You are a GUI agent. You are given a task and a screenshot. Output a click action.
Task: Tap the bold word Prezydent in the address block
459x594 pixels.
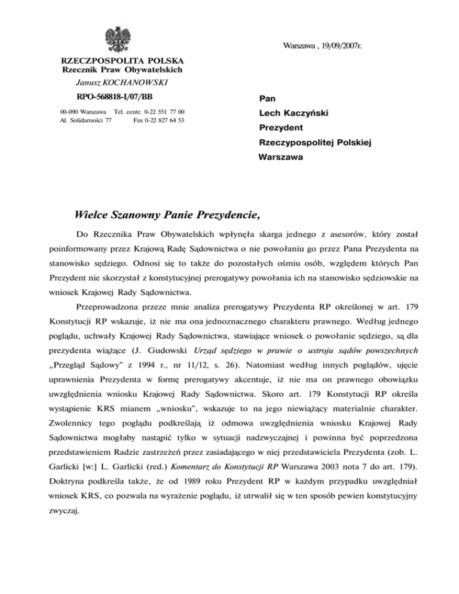point(281,128)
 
